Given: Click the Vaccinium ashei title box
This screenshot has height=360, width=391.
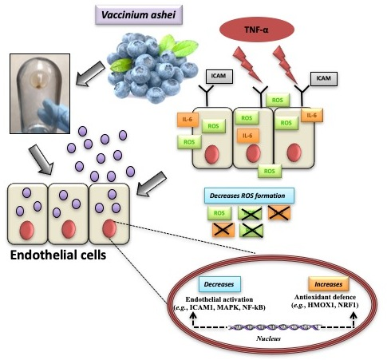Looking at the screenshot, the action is click(x=139, y=15).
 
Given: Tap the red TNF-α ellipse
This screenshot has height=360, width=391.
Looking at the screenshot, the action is click(x=257, y=30).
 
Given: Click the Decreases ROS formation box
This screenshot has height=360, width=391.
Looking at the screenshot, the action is click(x=249, y=196).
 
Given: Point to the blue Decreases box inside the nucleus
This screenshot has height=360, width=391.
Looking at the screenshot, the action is click(x=219, y=284).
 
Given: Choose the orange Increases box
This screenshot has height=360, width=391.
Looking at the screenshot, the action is click(x=329, y=284).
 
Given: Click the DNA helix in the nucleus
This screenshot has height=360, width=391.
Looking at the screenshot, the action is click(x=274, y=327).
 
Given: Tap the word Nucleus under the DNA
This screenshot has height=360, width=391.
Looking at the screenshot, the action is click(x=268, y=338).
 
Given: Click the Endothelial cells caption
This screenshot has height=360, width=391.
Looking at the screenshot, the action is click(x=58, y=255).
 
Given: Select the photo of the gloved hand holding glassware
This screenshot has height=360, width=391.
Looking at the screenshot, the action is click(x=40, y=93).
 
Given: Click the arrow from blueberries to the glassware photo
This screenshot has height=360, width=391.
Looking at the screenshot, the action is click(x=90, y=73).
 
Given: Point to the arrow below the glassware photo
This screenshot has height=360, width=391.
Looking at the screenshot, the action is click(x=41, y=160).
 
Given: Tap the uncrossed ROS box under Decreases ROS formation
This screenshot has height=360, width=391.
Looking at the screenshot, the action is click(x=219, y=213).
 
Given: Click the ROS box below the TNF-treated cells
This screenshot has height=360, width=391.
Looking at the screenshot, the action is click(x=270, y=171).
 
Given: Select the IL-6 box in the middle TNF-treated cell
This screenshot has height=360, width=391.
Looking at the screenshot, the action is click(x=247, y=136).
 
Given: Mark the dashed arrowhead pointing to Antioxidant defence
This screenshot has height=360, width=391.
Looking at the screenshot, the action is click(x=353, y=315).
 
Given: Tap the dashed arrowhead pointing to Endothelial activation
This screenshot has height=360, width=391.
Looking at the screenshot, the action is click(x=193, y=315).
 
